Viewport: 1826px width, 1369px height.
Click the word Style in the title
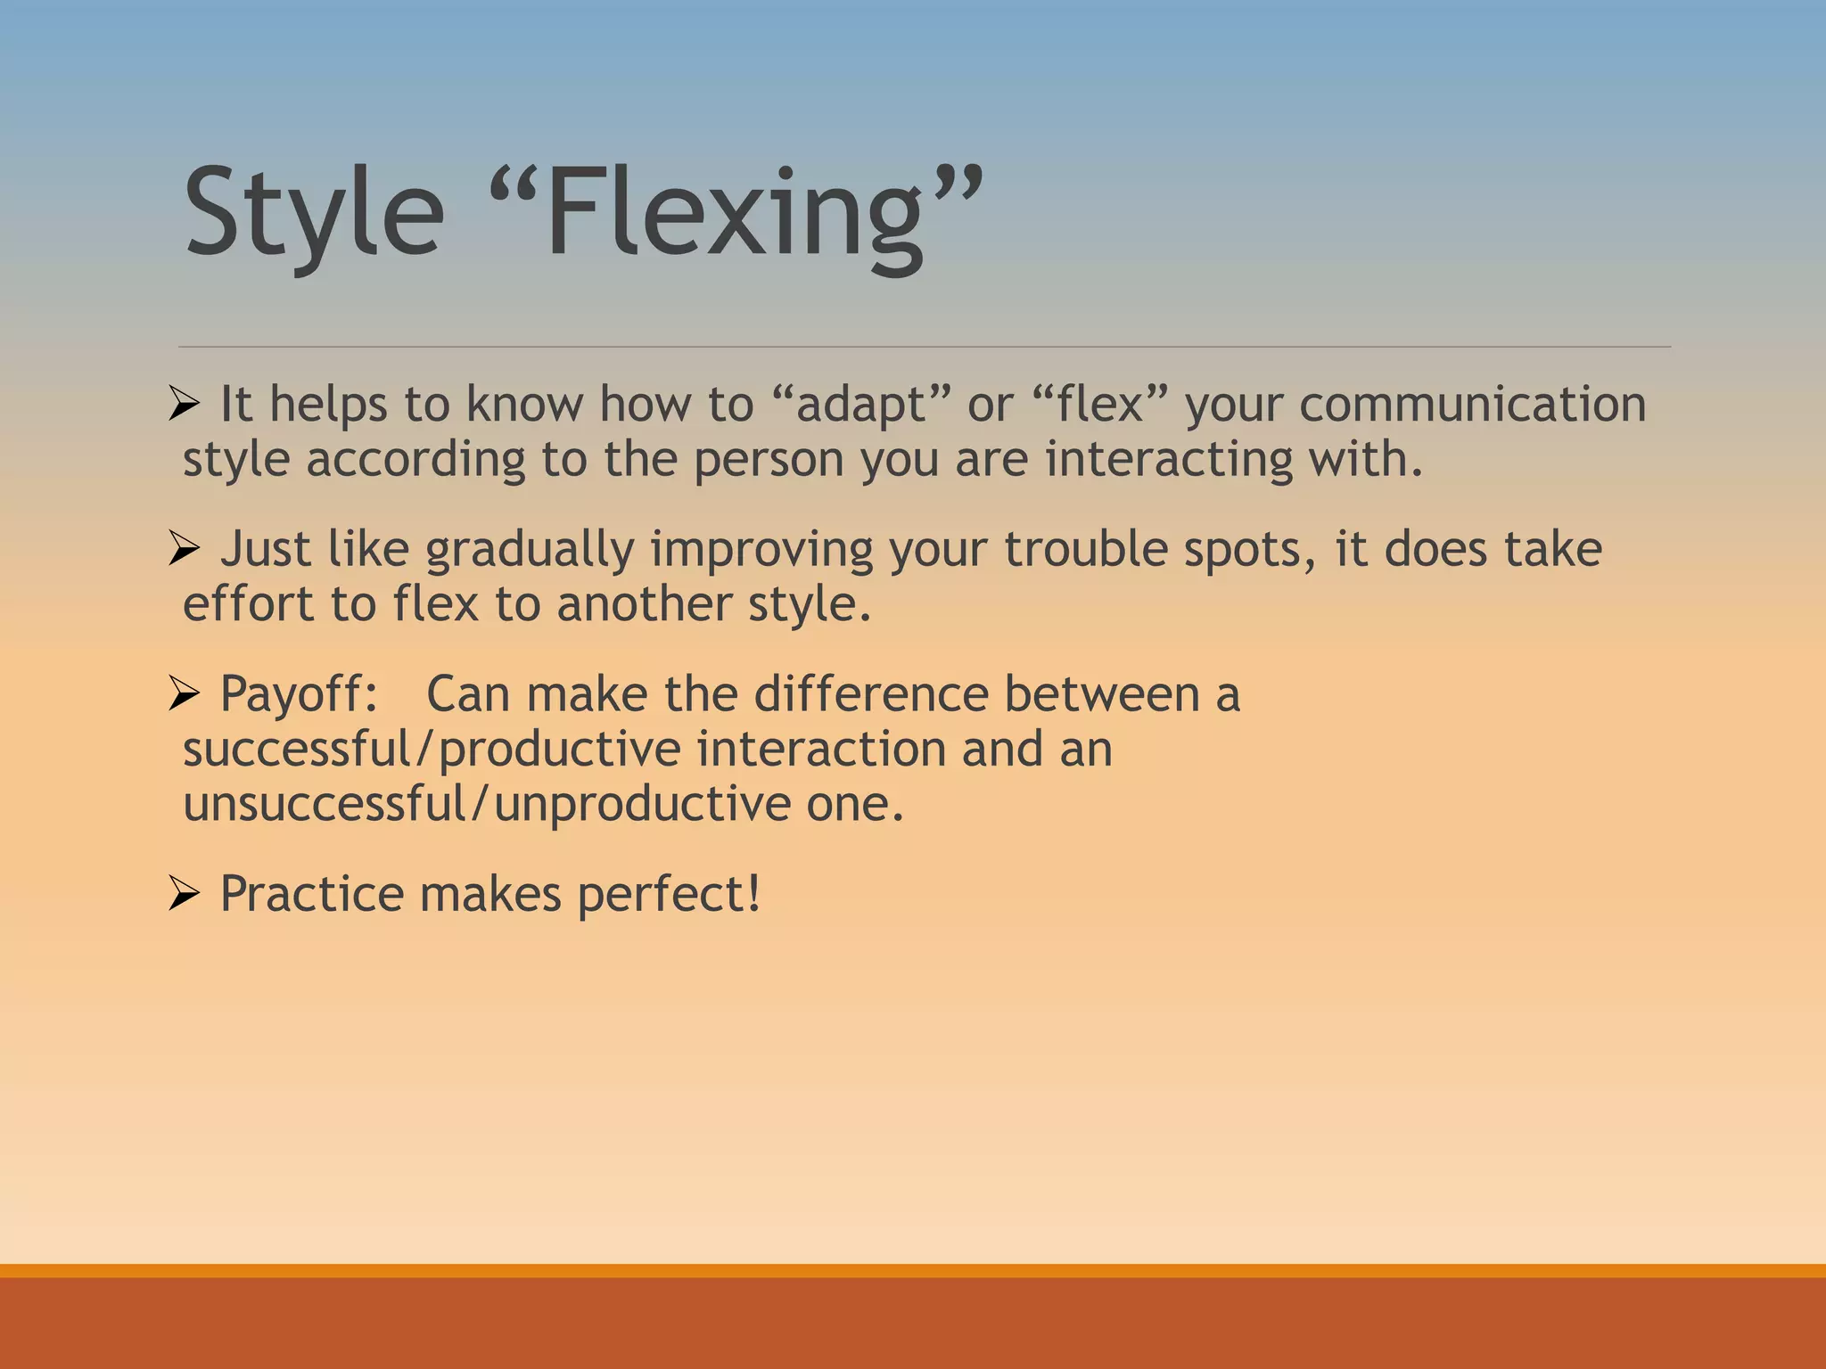[314, 214]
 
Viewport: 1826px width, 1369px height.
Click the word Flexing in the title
[736, 214]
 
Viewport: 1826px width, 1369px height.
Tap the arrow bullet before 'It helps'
[183, 406]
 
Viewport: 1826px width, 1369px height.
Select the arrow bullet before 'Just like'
[183, 550]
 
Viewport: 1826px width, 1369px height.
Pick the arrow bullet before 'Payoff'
[183, 694]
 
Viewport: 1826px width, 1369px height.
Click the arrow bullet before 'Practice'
[183, 894]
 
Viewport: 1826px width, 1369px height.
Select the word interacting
[1168, 460]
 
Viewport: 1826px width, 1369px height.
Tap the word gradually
[530, 550]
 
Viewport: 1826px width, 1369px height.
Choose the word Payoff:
[300, 694]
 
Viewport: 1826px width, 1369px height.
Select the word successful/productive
[432, 750]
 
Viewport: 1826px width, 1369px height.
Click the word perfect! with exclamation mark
[669, 895]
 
